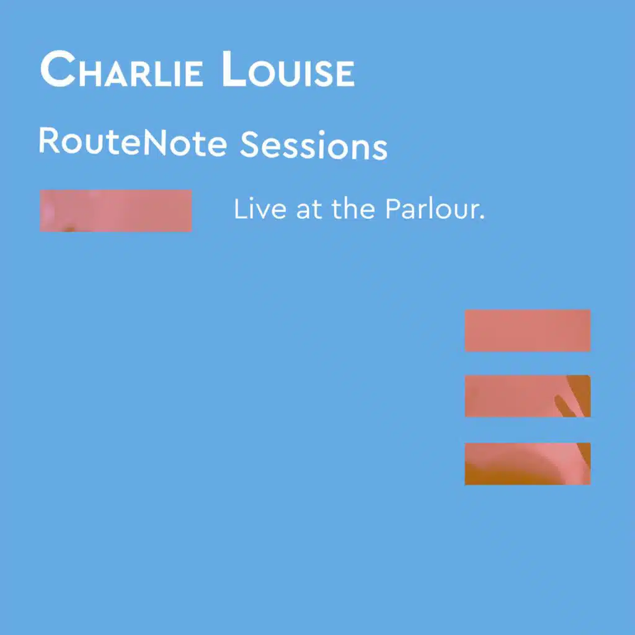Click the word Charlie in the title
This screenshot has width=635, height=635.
[x=122, y=69]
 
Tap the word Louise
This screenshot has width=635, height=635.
[x=288, y=69]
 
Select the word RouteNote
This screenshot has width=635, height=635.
[x=133, y=142]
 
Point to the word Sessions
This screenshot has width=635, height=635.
[x=314, y=144]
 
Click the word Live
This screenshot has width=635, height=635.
[x=260, y=209]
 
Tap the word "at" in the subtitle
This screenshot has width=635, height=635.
[x=309, y=210]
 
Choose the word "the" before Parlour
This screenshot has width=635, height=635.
[x=353, y=209]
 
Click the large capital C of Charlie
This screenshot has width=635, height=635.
[x=58, y=69]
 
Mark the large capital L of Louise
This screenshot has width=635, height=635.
[x=234, y=69]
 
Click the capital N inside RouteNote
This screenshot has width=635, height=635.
[x=154, y=143]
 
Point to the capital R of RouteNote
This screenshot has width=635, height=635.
[x=50, y=141]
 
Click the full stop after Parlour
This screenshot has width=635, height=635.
[x=482, y=218]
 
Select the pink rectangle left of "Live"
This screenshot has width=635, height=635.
[x=116, y=211]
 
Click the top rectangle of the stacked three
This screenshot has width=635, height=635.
[x=528, y=331]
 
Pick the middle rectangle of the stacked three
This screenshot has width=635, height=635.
[x=528, y=396]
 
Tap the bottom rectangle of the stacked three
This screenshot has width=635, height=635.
[x=528, y=464]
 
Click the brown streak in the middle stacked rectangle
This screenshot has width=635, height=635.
[x=564, y=406]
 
